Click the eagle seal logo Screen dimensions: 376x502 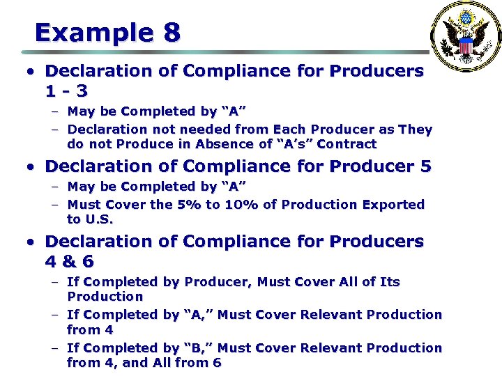(465, 37)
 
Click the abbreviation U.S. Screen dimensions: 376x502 (98, 219)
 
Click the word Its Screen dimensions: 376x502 (389, 282)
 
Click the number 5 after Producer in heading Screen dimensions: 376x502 (425, 166)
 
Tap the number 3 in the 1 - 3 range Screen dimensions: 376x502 (82, 91)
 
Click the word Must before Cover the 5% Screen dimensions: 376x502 (86, 205)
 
